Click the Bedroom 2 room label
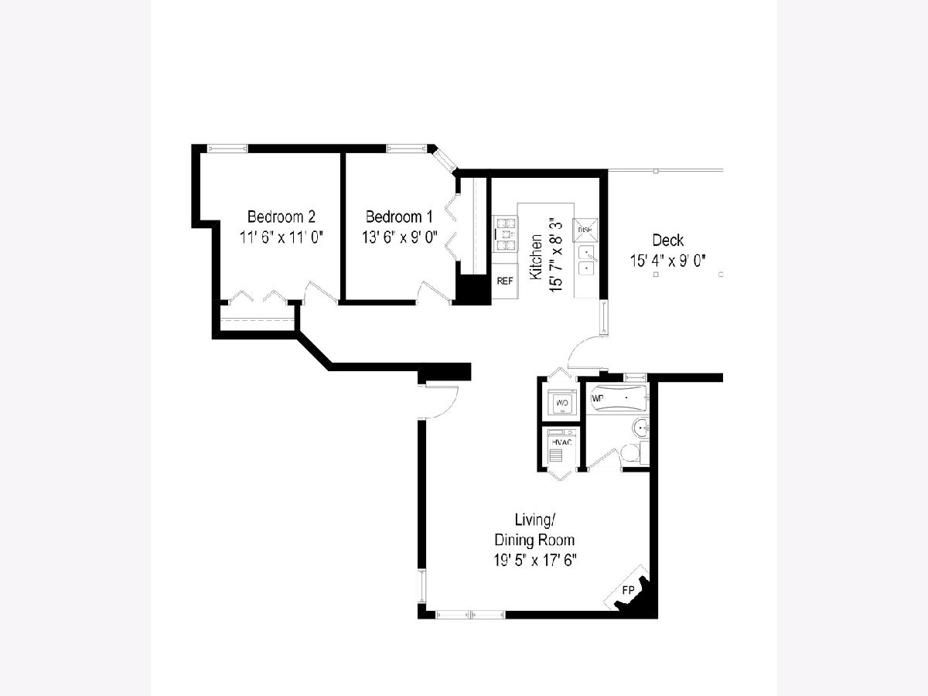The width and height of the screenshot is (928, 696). [x=281, y=217]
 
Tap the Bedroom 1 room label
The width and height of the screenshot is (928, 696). [x=399, y=217]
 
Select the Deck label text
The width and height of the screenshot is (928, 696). [x=668, y=241]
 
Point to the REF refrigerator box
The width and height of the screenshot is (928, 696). [x=505, y=281]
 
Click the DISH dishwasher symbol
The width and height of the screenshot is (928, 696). [x=585, y=230]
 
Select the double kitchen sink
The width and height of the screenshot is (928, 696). [x=587, y=261]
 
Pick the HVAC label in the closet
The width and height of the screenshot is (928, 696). [x=561, y=442]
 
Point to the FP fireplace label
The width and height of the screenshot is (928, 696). [x=628, y=590]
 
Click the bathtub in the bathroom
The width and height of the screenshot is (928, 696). [x=618, y=398]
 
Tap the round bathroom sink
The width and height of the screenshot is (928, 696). [x=640, y=428]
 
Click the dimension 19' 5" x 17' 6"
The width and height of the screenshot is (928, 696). [x=535, y=561]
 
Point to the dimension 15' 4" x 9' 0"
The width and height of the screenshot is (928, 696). [x=668, y=261]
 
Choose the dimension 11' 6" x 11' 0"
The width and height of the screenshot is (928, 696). [x=281, y=237]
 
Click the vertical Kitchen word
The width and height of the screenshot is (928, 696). [x=536, y=257]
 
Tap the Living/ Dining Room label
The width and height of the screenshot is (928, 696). [x=534, y=530]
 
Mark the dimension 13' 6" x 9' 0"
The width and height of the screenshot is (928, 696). [x=399, y=237]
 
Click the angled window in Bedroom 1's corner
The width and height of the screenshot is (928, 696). [x=445, y=160]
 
